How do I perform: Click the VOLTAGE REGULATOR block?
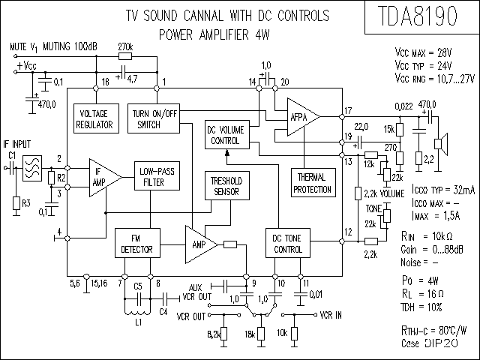point(97,118)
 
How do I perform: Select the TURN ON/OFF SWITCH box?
point(154,118)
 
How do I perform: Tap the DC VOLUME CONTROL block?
point(227,135)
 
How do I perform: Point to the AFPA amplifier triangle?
point(303,117)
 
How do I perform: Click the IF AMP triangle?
point(105,178)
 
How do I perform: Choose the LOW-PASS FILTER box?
point(157,176)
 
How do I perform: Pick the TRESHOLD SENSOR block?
point(227,185)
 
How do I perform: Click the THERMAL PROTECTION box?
point(313,183)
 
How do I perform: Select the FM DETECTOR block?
point(137,243)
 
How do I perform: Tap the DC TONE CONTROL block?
point(288,243)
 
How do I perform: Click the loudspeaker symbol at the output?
point(441,143)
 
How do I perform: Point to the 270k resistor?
point(125,56)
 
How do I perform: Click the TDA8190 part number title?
point(418,16)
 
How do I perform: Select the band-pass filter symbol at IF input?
point(32,168)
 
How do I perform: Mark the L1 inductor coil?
point(137,311)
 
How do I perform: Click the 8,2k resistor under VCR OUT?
point(223,334)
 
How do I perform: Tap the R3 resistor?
point(16,203)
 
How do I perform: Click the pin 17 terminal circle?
point(342,117)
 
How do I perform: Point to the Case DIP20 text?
point(430,343)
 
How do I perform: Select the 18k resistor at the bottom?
point(261,334)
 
